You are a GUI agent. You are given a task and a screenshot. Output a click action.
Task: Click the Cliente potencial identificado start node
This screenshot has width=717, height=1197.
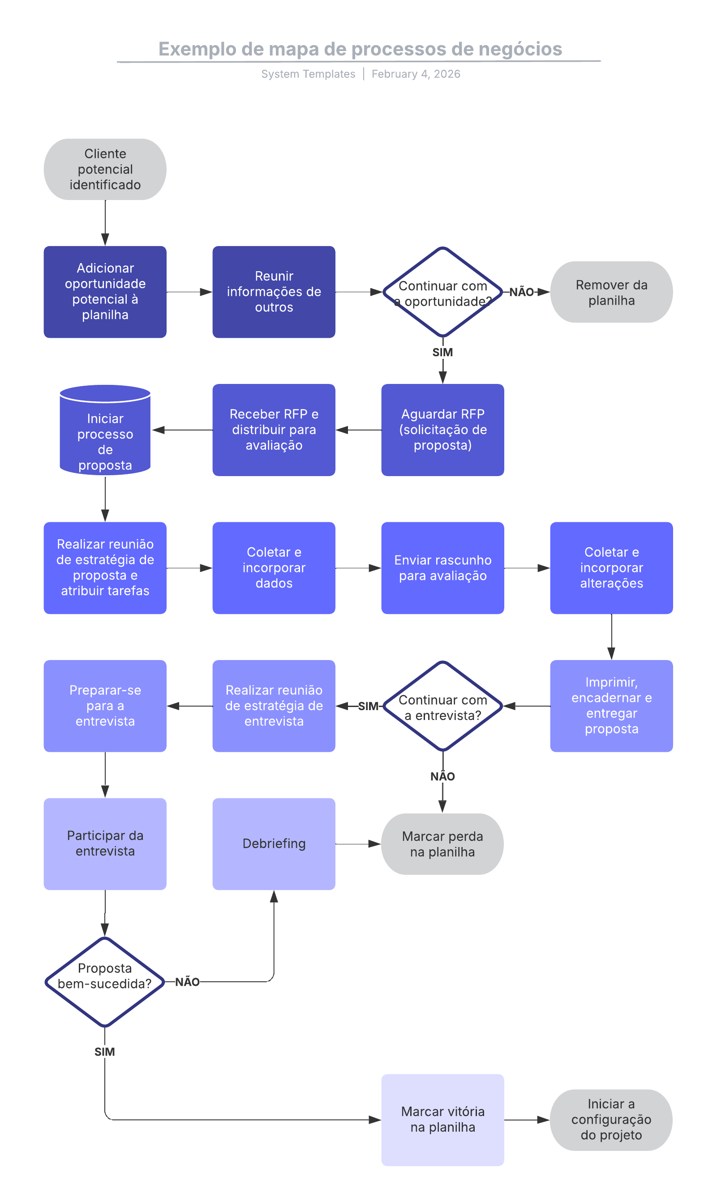click(x=105, y=169)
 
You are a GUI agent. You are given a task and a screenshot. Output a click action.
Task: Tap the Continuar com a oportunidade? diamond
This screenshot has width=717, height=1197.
click(x=442, y=292)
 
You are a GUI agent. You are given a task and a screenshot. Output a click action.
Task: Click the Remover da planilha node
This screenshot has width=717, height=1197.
click(x=611, y=292)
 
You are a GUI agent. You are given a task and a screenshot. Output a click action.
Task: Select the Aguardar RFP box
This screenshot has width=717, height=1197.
click(x=442, y=430)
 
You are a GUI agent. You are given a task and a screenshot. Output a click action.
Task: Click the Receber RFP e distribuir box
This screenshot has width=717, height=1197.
click(x=274, y=430)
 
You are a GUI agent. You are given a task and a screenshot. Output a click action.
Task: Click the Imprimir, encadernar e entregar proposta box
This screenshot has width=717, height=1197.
click(x=611, y=705)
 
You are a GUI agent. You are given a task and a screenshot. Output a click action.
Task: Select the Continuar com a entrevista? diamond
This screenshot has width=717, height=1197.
click(x=442, y=706)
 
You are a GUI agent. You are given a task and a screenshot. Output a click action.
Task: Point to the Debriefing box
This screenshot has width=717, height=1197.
click(x=274, y=843)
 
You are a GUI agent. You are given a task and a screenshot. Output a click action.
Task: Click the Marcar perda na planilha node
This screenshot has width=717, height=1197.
click(x=442, y=843)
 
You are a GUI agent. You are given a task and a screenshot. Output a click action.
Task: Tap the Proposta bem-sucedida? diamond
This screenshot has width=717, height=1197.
click(x=105, y=981)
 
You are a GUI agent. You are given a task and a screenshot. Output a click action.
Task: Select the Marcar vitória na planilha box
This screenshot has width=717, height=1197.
click(x=442, y=1119)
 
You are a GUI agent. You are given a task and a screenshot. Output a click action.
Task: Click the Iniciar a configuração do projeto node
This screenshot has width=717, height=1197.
click(x=611, y=1119)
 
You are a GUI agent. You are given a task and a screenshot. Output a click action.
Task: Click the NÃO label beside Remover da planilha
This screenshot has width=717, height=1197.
click(x=521, y=292)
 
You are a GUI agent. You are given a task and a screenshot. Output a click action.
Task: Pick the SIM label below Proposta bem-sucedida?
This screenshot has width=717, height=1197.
click(x=104, y=1052)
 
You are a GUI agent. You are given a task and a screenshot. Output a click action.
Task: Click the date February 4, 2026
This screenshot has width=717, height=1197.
click(x=416, y=74)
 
